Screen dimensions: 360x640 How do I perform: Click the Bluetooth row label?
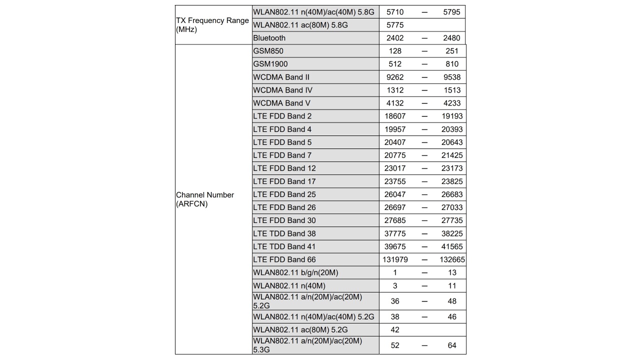point(269,38)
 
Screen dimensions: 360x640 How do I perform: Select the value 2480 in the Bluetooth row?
point(451,38)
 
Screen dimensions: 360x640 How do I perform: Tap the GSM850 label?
point(268,51)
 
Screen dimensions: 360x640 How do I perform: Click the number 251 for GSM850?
point(451,51)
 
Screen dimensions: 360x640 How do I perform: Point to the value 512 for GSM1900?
point(394,64)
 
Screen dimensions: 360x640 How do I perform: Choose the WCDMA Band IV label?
point(282,90)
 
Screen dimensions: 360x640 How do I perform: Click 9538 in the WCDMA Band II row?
point(451,77)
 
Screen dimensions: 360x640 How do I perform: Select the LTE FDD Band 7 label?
point(282,155)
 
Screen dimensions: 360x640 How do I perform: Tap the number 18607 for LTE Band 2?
point(394,116)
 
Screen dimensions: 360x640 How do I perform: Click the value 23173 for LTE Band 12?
point(451,168)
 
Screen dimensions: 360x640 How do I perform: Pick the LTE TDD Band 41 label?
point(284,246)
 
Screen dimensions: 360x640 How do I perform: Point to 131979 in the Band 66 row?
point(394,259)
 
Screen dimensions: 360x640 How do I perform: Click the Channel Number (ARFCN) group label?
point(205,199)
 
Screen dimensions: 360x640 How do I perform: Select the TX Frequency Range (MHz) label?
point(212,25)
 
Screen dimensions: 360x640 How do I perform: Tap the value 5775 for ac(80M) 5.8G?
point(394,25)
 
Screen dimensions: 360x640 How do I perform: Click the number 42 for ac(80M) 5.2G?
point(394,330)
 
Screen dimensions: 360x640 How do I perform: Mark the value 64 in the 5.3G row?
point(451,345)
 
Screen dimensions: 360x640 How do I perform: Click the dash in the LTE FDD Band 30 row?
point(424,220)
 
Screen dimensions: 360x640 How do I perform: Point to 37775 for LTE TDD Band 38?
point(394,233)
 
